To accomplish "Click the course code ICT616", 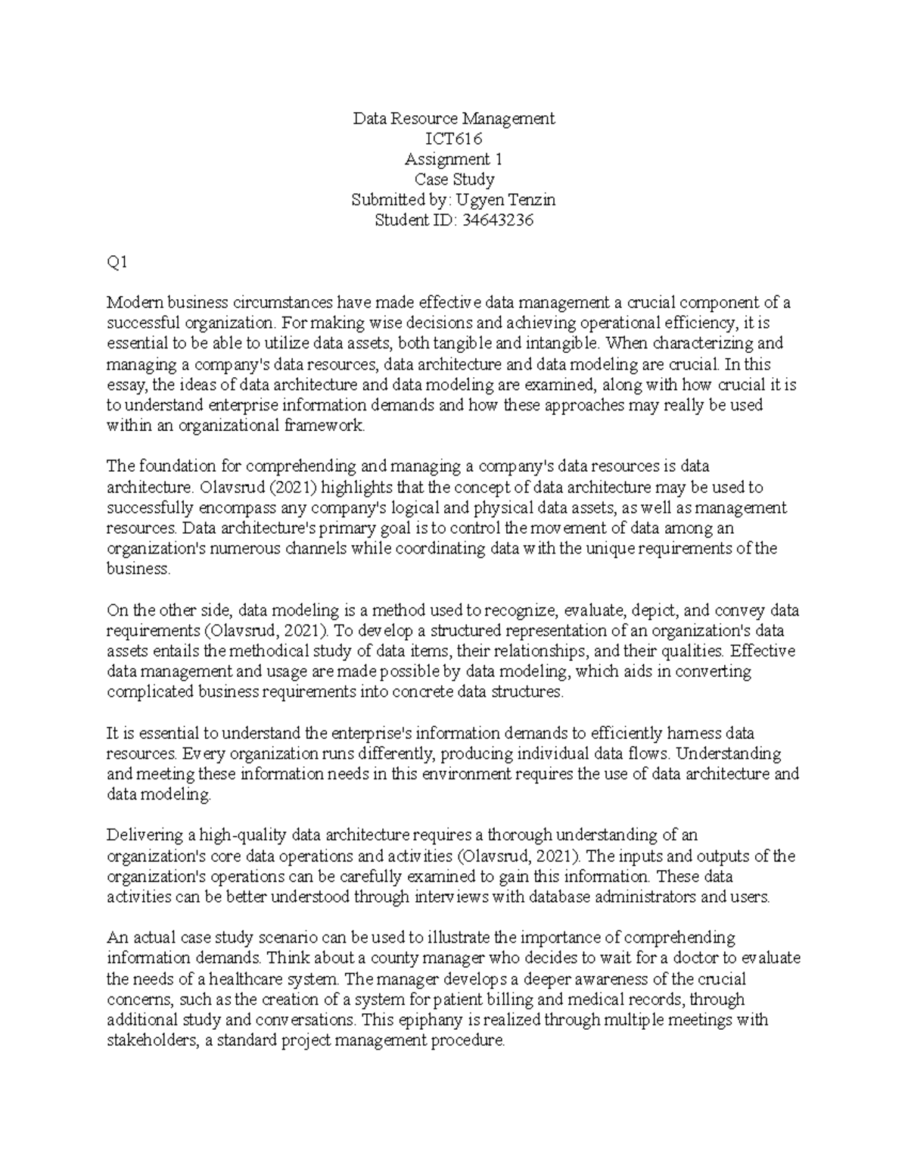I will (454, 139).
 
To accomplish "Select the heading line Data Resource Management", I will (454, 118).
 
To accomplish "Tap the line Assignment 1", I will (454, 159).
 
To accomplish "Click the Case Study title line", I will (454, 179).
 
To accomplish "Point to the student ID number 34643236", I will (492, 220).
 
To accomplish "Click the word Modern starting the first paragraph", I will (129, 303).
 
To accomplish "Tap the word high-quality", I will (239, 835).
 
